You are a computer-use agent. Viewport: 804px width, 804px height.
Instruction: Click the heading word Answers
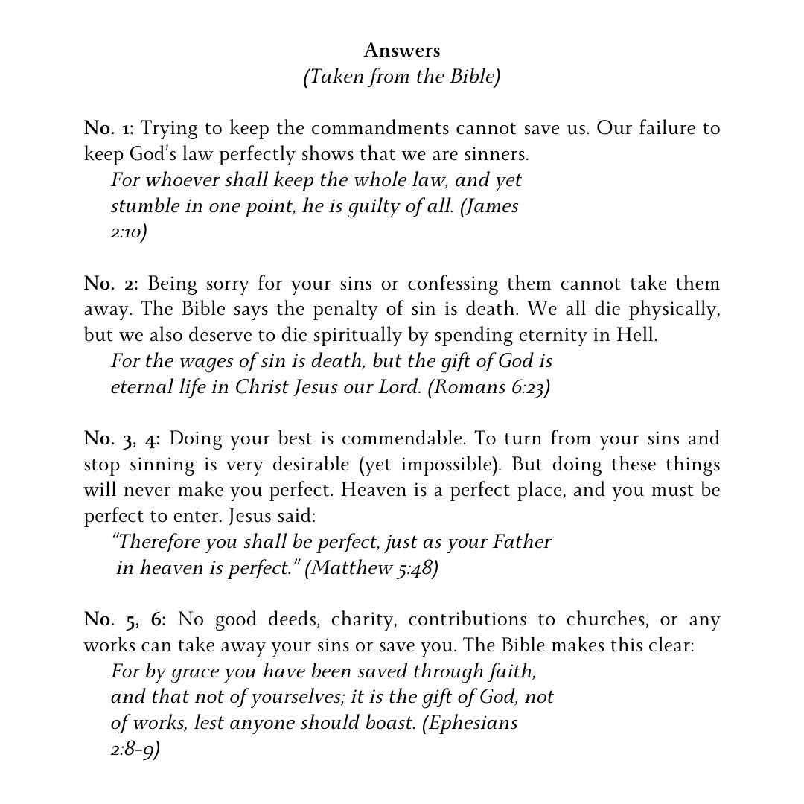tap(402, 51)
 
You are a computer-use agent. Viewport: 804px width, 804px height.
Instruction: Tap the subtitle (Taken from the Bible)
tap(402, 77)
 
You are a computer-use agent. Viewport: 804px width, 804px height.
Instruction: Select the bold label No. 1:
tap(109, 128)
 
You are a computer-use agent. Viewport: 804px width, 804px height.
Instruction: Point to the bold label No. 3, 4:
tap(122, 438)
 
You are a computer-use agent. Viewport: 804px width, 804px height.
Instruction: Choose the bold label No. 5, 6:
tap(125, 619)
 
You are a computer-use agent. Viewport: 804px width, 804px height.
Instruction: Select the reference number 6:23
tap(529, 387)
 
